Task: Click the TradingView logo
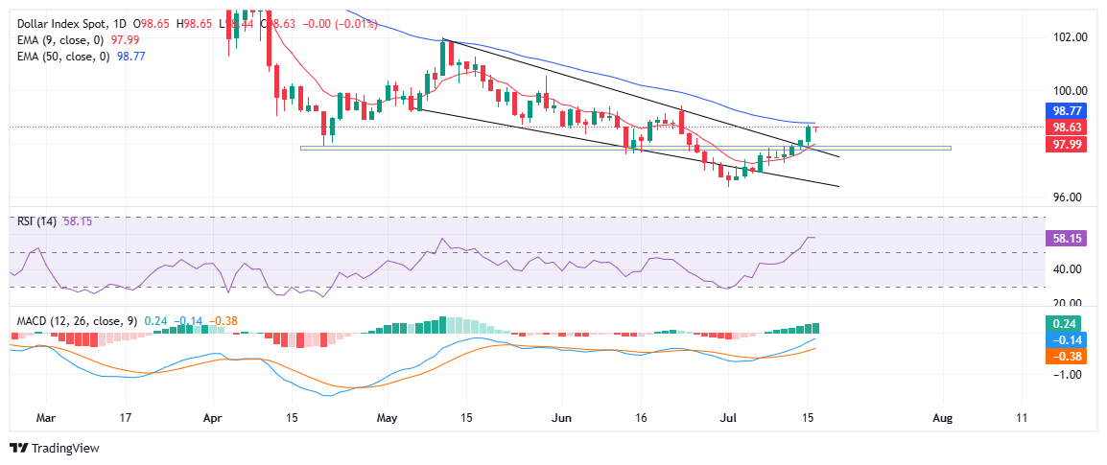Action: pyautogui.click(x=54, y=448)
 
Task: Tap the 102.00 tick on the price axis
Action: pyautogui.click(x=1070, y=38)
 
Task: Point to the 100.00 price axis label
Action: pyautogui.click(x=1070, y=90)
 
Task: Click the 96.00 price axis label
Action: pyautogui.click(x=1070, y=198)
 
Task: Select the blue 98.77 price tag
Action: pyautogui.click(x=1069, y=111)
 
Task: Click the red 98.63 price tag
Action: pyautogui.click(x=1069, y=128)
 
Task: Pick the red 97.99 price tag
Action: pyautogui.click(x=1069, y=144)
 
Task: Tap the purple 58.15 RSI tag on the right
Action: pyautogui.click(x=1069, y=237)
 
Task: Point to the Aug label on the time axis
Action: pyautogui.click(x=943, y=419)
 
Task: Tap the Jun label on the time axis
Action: pyautogui.click(x=563, y=419)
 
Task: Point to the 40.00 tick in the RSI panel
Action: pyautogui.click(x=1070, y=269)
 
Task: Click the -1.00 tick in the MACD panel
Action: pyautogui.click(x=1070, y=375)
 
